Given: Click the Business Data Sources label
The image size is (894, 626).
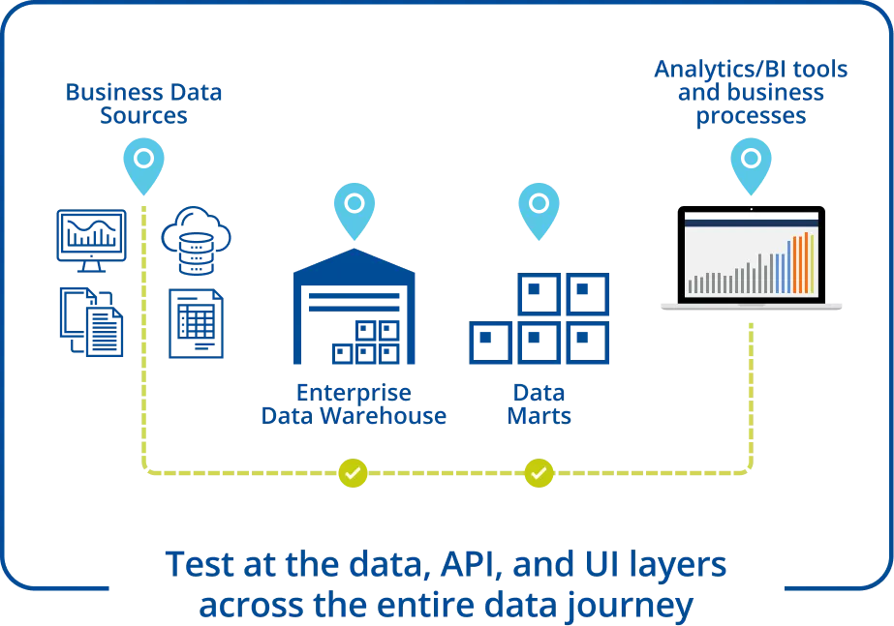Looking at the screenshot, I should coord(143,104).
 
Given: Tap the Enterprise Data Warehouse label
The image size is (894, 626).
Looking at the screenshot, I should coord(353,404).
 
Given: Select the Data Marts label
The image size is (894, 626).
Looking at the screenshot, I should coord(538,404).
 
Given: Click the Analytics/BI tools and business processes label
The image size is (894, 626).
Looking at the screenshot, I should coord(752,92).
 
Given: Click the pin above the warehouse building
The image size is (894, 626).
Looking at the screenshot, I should coord(354,209).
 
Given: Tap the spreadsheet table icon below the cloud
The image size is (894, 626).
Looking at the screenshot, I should coord(194,324).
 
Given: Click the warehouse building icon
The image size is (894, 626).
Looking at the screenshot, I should coord(353,310).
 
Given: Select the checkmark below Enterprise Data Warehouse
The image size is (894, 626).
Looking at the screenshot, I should coord(353,473).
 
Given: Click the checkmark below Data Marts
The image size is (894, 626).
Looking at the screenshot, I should coord(539,473).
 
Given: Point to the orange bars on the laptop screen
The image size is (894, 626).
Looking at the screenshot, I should coord(803,263).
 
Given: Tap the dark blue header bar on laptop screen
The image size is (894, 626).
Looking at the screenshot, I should coord(752,221).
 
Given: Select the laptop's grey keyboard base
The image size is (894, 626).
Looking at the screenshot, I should coord(752,310).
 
